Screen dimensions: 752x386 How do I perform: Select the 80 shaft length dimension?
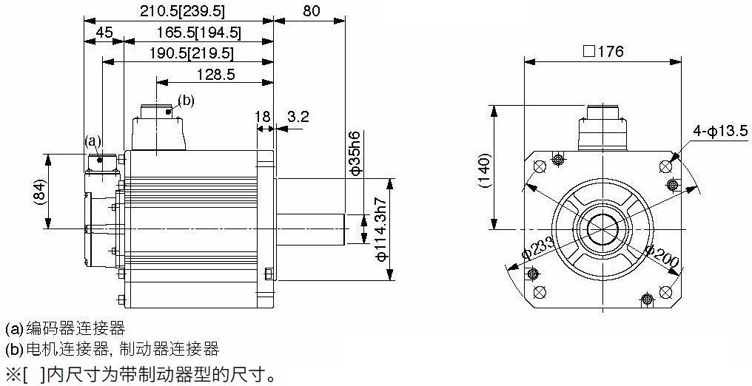(x=312, y=11)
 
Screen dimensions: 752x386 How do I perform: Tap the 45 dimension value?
(x=104, y=33)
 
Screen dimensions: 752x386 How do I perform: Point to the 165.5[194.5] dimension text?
(x=198, y=33)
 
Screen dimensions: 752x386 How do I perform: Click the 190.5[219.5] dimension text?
(x=191, y=54)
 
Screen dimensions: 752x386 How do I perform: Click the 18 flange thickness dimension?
(x=263, y=116)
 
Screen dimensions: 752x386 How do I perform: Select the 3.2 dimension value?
(x=298, y=116)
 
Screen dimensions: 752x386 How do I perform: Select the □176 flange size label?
(x=603, y=52)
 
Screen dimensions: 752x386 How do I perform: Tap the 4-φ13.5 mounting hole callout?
(x=720, y=131)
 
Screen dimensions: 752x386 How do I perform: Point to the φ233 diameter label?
(x=537, y=247)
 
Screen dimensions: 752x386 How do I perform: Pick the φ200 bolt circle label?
(x=662, y=256)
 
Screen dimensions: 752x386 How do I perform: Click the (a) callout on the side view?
(x=93, y=140)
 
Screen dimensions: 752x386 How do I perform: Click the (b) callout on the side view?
(x=186, y=101)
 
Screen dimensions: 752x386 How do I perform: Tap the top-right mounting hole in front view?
(x=665, y=166)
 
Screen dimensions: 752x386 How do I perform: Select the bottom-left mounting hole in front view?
(x=540, y=292)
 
